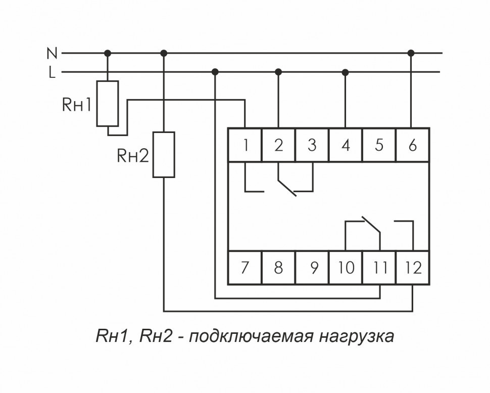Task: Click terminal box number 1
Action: coord(245,145)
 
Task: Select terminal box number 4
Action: coord(346,145)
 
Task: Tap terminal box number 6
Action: coord(413,145)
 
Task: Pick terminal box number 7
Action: coord(245,267)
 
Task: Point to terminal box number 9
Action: coord(312,267)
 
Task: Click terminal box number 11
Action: coord(379,267)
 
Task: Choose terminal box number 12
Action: coord(413,267)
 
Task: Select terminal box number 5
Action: coord(379,145)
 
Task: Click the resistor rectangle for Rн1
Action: coord(108,103)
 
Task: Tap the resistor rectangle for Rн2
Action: coord(164,154)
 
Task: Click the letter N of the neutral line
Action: coord(52,53)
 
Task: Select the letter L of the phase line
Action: coord(52,72)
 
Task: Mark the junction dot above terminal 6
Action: coord(411,53)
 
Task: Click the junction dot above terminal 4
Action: coord(346,72)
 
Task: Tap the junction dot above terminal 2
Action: coord(278,72)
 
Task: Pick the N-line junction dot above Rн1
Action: coord(108,53)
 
